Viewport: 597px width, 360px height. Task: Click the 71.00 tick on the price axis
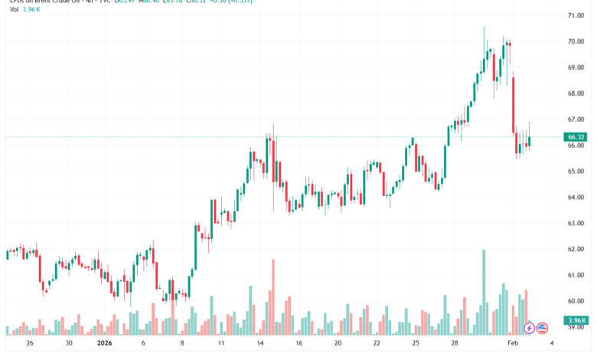pos(576,15)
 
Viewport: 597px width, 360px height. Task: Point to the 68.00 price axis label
pos(576,93)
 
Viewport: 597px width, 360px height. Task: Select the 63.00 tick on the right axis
pos(576,224)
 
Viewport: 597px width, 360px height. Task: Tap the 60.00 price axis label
pos(576,301)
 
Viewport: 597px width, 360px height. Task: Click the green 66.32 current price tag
pos(576,137)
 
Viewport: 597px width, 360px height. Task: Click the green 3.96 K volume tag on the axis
pos(576,320)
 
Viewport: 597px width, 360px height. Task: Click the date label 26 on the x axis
pos(30,345)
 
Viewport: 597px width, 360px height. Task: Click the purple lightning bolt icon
pos(529,328)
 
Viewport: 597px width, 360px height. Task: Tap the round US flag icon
pos(542,328)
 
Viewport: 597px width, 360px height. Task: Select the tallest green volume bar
pos(483,292)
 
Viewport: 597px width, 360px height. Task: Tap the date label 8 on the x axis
pos(182,345)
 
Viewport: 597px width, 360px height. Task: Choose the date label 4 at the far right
pos(553,345)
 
